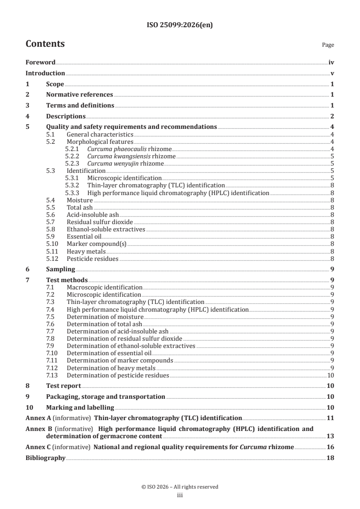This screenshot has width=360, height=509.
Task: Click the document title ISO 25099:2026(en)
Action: [x=180, y=25]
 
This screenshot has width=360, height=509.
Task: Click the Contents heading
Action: [x=45, y=44]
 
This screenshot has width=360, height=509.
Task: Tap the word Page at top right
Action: [x=328, y=45]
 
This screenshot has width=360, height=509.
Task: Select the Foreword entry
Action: [x=40, y=62]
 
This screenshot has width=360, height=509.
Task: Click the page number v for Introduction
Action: [x=332, y=73]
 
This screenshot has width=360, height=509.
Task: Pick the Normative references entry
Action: [x=79, y=94]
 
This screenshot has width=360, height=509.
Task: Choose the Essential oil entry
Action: [x=84, y=237]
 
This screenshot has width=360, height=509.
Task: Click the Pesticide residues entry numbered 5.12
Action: [x=93, y=259]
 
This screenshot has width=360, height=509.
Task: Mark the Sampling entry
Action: [x=60, y=269]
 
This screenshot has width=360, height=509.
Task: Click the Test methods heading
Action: [x=67, y=280]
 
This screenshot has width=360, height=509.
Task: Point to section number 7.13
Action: [x=53, y=375]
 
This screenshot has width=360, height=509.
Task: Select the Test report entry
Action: [x=64, y=386]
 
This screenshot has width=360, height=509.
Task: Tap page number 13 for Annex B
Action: [x=330, y=436]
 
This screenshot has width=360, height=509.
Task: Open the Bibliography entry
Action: [x=45, y=458]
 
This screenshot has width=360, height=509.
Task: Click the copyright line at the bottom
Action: [x=180, y=487]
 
